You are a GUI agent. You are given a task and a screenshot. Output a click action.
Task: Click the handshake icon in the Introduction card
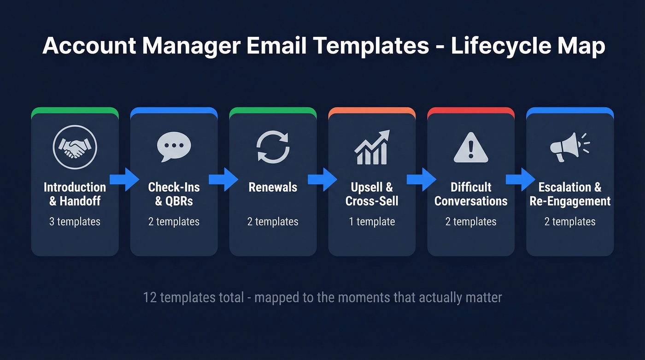75,148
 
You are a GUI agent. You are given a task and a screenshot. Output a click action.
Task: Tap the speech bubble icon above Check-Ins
174,147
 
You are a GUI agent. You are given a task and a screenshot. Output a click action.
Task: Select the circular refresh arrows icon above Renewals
273,147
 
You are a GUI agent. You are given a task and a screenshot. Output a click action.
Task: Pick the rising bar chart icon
372,148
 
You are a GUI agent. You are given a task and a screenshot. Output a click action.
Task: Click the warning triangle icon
470,148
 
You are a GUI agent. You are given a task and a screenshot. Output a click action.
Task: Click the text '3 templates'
75,222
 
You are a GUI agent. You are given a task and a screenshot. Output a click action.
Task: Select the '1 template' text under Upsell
372,222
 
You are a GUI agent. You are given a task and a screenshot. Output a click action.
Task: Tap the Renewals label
273,187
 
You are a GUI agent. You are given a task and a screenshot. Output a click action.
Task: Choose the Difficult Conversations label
471,194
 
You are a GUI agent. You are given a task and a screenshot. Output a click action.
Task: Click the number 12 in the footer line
150,297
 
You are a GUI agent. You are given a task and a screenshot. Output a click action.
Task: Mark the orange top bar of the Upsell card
372,110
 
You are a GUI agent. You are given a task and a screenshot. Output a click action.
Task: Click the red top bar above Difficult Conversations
471,110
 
